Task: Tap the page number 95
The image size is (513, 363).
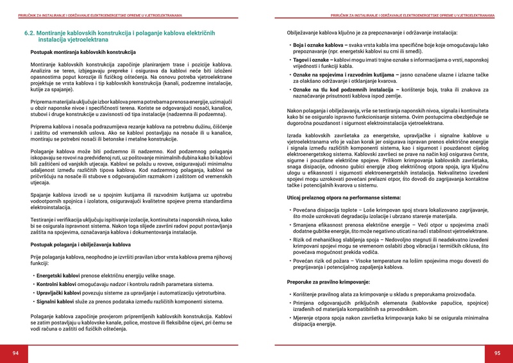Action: [497, 353]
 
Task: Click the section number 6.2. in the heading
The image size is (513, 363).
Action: [33, 32]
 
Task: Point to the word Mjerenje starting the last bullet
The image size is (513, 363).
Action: [306, 317]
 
